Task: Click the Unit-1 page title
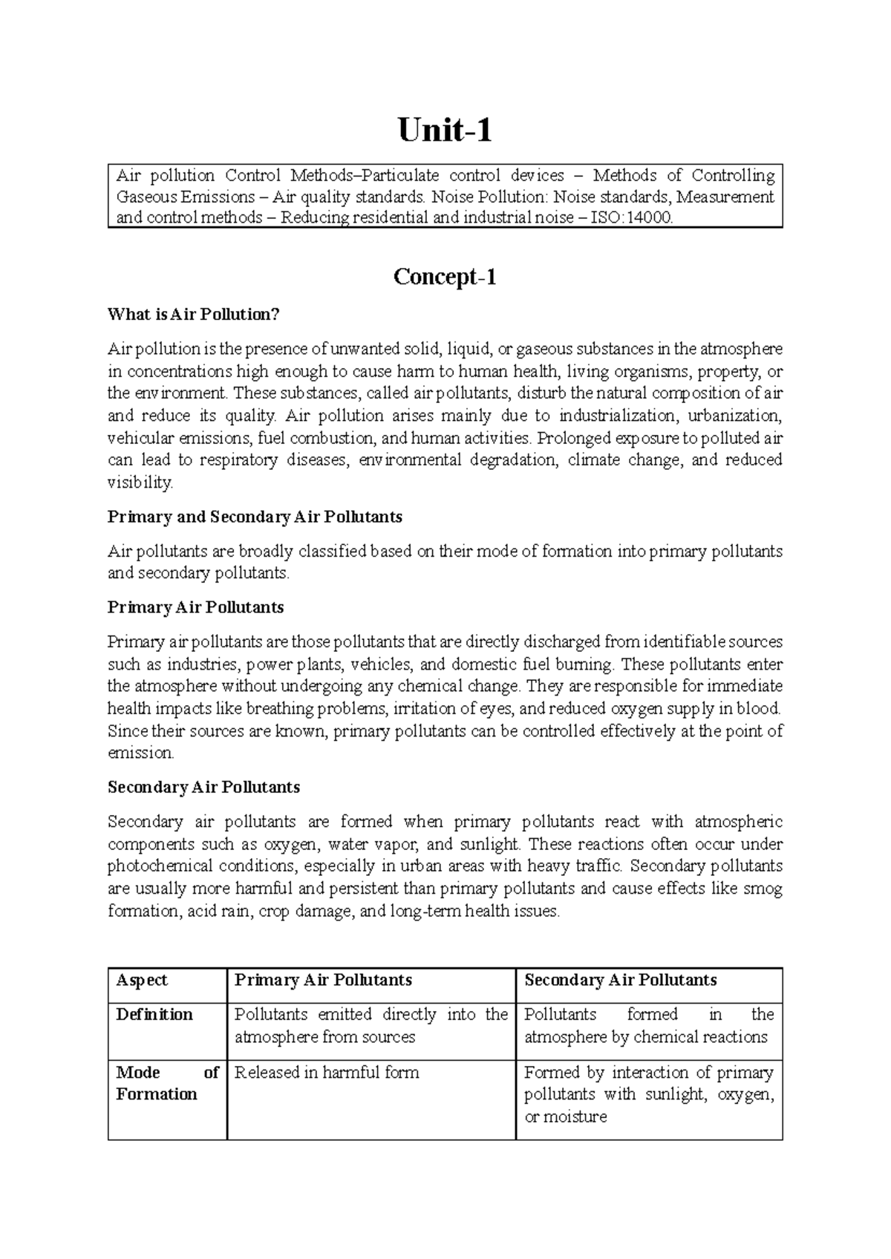445,131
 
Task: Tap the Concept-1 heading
445,277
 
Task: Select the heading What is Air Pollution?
193,314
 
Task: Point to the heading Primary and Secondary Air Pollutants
255,517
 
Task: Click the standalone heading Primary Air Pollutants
195,607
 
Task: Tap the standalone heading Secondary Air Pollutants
203,787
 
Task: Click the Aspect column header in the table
142,980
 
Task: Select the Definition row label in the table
154,1015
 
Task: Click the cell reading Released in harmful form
327,1073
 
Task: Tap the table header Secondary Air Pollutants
620,980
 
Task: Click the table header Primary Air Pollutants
323,980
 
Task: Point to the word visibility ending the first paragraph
140,483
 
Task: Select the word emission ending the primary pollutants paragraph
140,753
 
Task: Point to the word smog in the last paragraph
763,889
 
